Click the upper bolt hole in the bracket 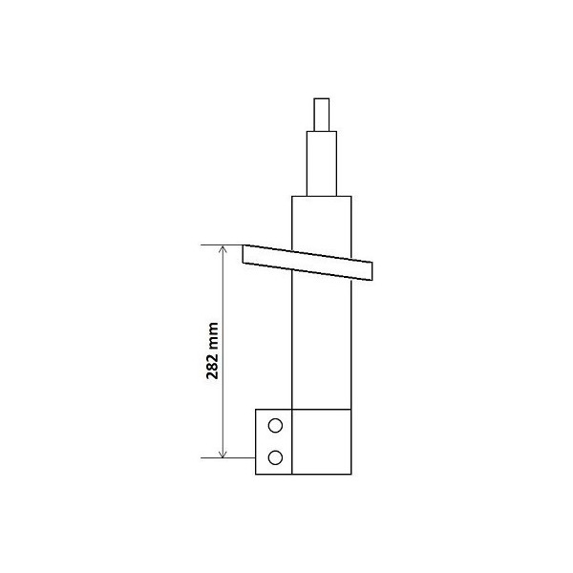(275, 426)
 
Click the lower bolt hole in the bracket (275, 457)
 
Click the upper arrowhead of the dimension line (223, 250)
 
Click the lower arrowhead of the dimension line (223, 453)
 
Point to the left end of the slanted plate (246, 253)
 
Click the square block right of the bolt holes (321, 440)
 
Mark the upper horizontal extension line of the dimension (229, 245)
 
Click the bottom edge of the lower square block (321, 472)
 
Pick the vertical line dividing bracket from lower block (292, 440)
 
